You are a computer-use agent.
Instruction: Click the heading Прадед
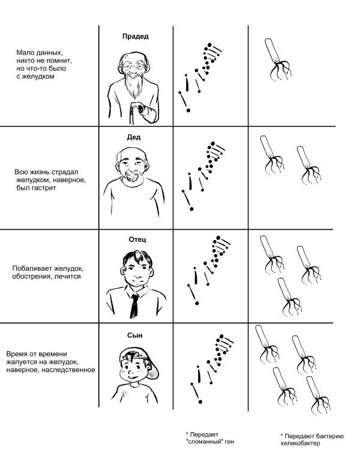coord(135,37)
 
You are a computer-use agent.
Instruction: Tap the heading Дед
coord(134,137)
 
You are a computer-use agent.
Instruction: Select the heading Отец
coord(137,239)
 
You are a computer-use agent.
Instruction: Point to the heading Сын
coord(135,336)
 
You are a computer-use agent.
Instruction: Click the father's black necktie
coord(134,306)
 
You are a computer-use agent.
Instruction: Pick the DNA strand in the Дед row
coord(203,176)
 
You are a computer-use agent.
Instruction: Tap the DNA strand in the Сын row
coord(212,369)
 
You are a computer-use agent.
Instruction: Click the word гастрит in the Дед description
coord(43,188)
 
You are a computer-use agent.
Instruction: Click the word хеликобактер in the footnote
coord(300,443)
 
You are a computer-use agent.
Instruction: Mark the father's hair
coord(137,258)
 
